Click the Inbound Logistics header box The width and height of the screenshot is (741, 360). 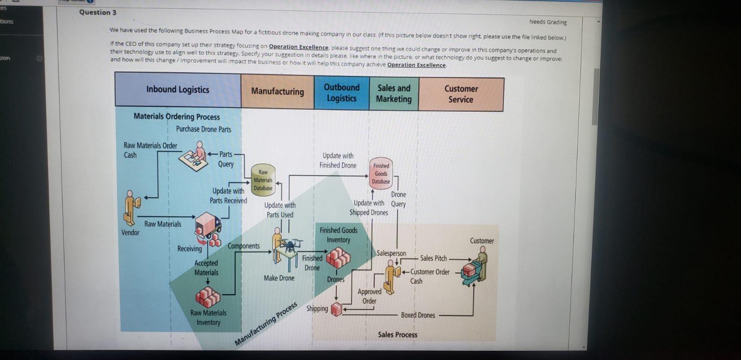click(178, 89)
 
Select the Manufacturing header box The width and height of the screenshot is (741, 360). click(277, 91)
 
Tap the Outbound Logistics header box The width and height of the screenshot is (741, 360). click(342, 93)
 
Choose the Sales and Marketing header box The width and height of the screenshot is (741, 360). click(394, 94)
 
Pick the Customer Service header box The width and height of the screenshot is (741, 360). click(461, 94)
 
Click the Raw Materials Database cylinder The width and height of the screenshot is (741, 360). click(263, 179)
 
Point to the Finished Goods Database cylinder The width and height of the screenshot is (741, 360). click(381, 173)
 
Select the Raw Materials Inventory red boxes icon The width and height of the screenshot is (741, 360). click(208, 296)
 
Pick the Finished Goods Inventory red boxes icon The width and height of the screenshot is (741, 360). click(338, 258)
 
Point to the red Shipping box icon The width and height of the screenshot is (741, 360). click(337, 309)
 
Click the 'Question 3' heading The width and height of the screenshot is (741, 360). click(98, 13)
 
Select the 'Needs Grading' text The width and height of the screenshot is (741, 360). click(548, 22)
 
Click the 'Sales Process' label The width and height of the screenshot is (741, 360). click(397, 335)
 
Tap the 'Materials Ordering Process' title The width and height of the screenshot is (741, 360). click(177, 116)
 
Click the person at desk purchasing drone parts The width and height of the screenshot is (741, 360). click(195, 157)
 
